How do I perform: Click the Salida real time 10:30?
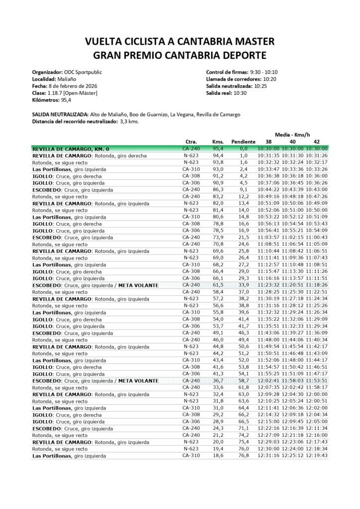point(239,93)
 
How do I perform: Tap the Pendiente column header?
point(243,142)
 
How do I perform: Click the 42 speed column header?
point(316,142)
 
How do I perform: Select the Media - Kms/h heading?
point(293,134)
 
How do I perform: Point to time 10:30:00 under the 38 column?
point(269,149)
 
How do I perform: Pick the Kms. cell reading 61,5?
point(218,285)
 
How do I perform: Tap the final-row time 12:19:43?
point(317,455)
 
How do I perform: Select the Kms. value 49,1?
point(218,333)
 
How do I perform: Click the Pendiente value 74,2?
point(243,434)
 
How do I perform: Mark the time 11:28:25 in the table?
point(269,292)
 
